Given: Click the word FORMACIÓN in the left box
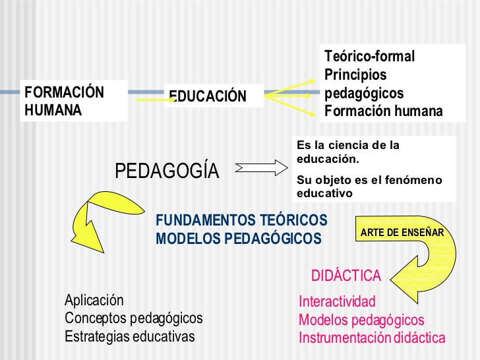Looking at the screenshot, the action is [65, 92].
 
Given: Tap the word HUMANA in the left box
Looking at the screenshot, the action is [53, 110].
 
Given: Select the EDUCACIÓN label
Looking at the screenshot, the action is [208, 96].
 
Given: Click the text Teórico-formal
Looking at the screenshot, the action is [369, 56].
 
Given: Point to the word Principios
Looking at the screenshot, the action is [355, 75].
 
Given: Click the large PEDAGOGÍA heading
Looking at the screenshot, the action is [167, 170].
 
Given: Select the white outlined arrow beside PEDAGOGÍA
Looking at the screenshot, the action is [261, 167].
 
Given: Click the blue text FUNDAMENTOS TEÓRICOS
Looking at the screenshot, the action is [241, 220].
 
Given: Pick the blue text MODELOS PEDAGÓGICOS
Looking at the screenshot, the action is [239, 238].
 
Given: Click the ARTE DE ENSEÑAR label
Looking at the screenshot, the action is [402, 232].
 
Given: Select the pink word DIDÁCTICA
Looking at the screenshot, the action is [346, 275].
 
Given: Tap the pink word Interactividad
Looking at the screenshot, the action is [337, 301].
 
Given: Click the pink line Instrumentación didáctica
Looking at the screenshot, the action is [372, 338].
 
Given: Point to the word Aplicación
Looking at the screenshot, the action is [94, 300].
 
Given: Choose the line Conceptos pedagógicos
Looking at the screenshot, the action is [134, 318].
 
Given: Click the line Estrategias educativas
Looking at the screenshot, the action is [130, 336].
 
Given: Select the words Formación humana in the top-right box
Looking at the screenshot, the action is [384, 111].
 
